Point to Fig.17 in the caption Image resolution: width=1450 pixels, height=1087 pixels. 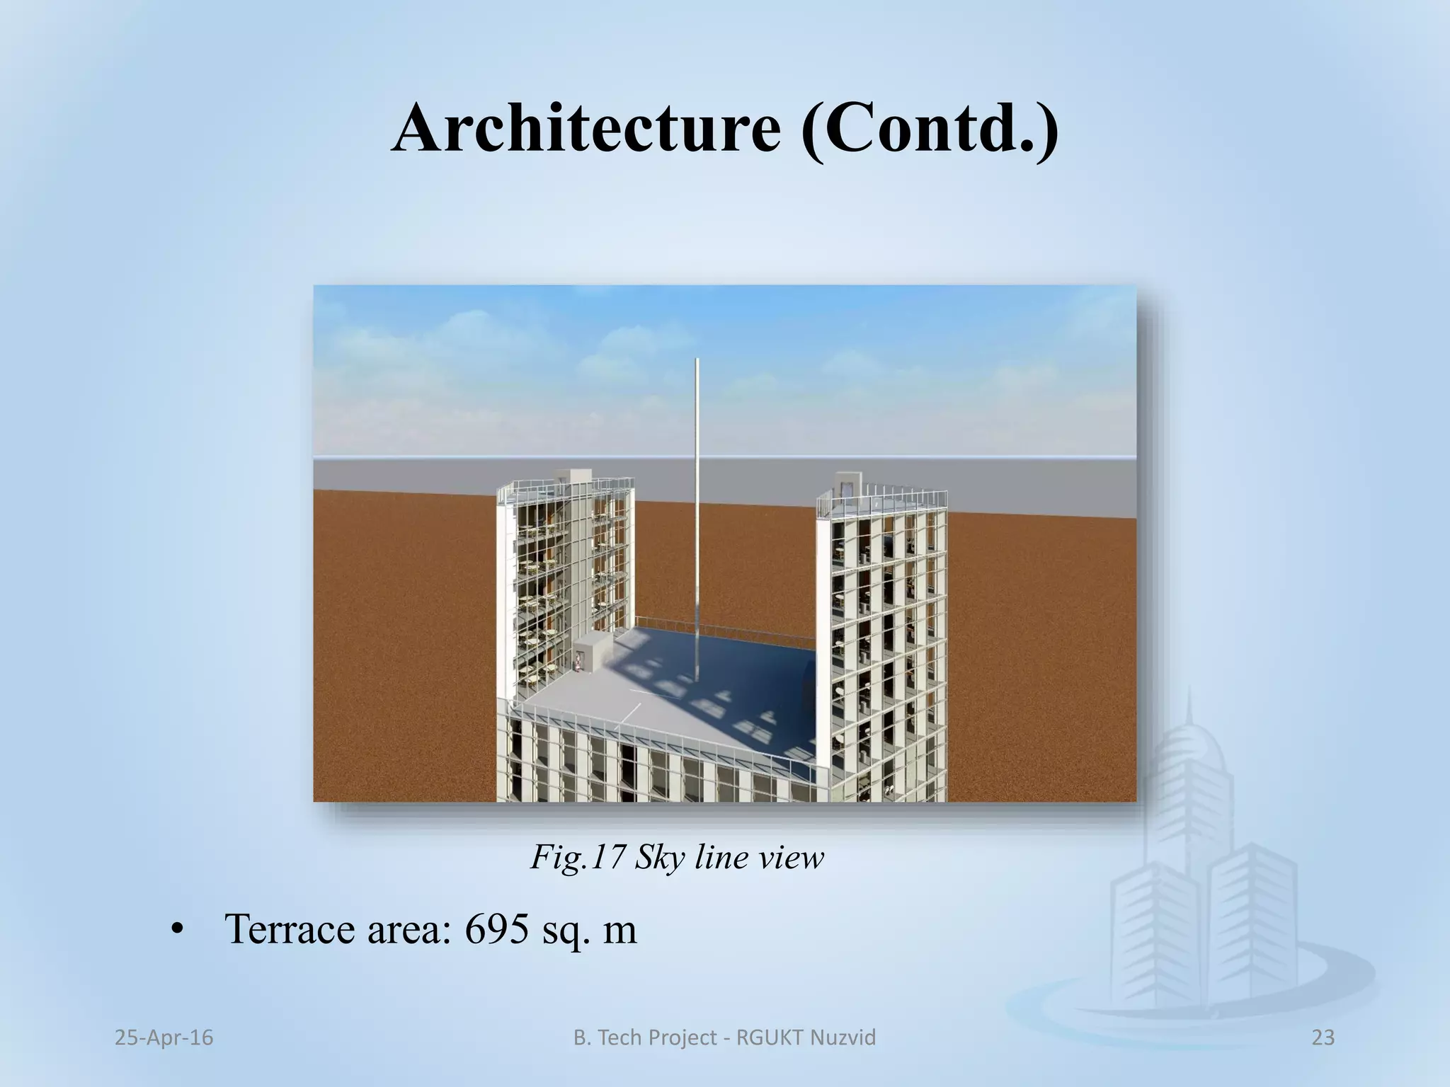(576, 858)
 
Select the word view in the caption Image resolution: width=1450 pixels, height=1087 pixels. (789, 858)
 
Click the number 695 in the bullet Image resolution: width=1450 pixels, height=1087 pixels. (496, 929)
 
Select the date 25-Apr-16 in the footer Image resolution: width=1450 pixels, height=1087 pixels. (164, 1037)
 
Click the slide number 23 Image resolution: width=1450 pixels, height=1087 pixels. (1323, 1037)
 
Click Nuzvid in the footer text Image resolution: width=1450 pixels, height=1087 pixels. (847, 1037)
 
